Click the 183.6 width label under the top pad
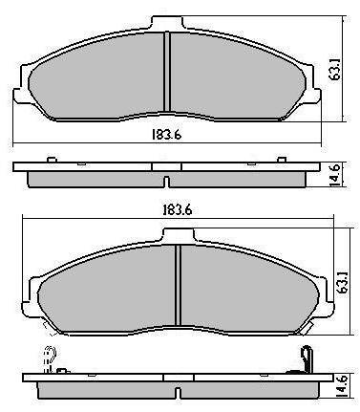tap(166, 135)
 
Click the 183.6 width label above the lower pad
tap(177, 210)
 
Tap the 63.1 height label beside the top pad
tap(336, 74)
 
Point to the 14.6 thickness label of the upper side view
tap(334, 175)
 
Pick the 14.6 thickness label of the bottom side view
tap(343, 386)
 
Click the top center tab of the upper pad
tap(167, 23)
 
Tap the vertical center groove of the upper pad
tap(167, 72)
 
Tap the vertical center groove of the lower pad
tap(179, 285)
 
